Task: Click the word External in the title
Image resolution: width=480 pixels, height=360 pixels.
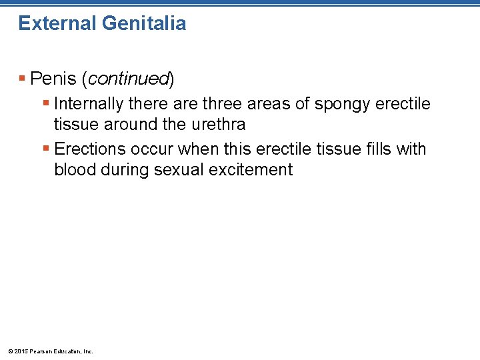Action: pyautogui.click(x=57, y=23)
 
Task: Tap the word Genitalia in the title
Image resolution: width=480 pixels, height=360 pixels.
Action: pyautogui.click(x=145, y=23)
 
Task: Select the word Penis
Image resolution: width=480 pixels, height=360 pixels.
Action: pyautogui.click(x=53, y=79)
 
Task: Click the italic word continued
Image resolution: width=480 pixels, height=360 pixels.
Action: pyautogui.click(x=128, y=79)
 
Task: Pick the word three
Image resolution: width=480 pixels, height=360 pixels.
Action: pyautogui.click(x=223, y=104)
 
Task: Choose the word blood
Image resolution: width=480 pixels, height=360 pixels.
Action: pyautogui.click(x=75, y=169)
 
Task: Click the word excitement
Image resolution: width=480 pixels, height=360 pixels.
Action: pyautogui.click(x=251, y=169)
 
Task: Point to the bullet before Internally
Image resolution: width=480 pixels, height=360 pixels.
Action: pyautogui.click(x=45, y=104)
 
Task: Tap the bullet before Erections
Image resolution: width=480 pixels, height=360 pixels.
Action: pyautogui.click(x=45, y=149)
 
